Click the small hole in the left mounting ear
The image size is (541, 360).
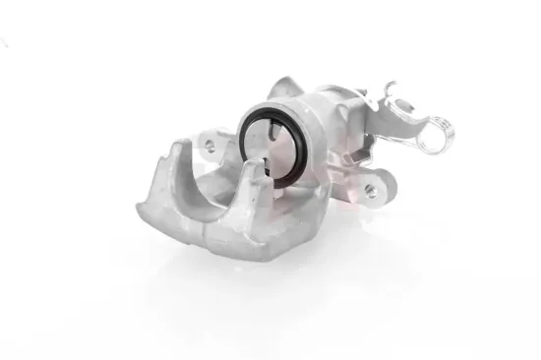[210, 146]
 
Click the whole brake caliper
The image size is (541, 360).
[285, 167]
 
